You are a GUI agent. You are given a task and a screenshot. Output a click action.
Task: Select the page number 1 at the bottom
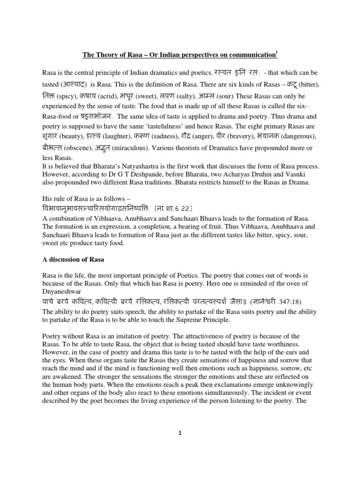pos(180,433)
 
